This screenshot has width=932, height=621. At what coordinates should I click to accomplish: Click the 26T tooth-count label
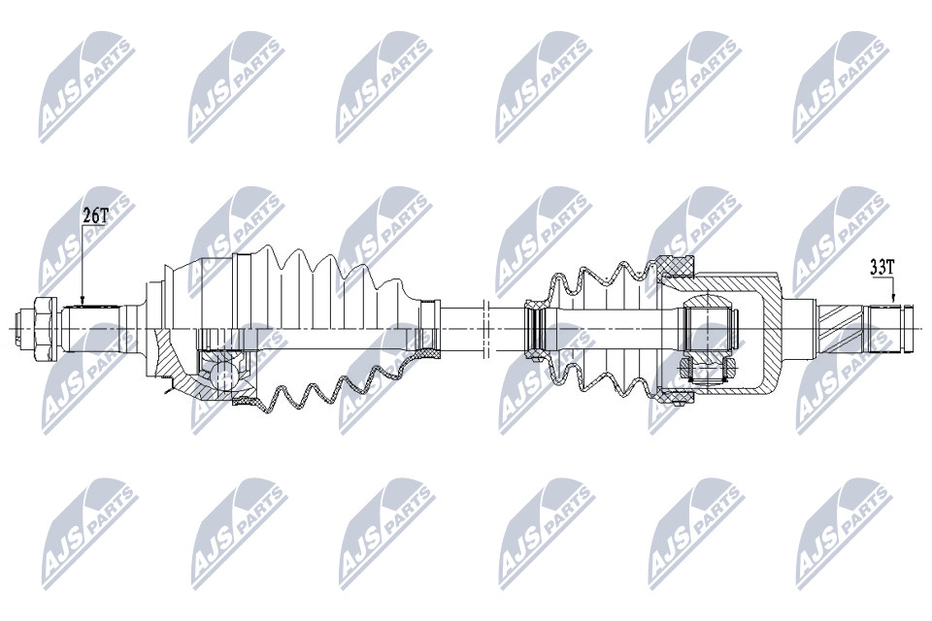[x=94, y=215]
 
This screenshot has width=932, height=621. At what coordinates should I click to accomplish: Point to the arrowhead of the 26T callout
[x=83, y=301]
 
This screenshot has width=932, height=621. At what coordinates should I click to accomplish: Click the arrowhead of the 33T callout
[x=892, y=300]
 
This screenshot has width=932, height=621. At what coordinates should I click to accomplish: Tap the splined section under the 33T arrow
[x=885, y=328]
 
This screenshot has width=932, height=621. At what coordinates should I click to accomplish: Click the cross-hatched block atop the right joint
[x=676, y=266]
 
